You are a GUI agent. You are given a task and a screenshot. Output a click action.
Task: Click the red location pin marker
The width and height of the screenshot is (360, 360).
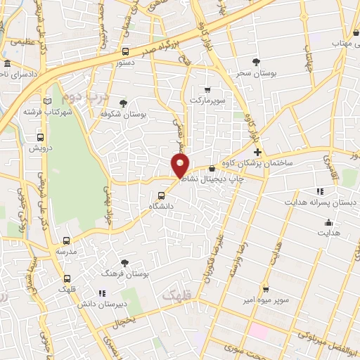point(181,164)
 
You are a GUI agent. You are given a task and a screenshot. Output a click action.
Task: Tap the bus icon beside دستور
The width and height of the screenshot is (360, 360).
point(125,51)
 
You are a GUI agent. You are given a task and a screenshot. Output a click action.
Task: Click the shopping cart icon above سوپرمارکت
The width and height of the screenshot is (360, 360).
point(207,89)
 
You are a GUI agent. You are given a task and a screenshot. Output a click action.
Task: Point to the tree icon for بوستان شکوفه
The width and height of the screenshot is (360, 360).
point(124,103)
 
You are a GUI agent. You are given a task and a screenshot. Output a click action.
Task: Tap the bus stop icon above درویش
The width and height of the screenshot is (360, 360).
point(40,138)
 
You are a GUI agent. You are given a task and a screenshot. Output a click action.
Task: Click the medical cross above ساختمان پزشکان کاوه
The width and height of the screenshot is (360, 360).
point(258,152)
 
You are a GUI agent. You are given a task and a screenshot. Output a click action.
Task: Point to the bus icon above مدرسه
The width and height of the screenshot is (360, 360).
point(67,240)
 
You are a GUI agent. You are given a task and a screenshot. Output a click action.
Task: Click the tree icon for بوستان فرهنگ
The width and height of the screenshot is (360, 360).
point(125,262)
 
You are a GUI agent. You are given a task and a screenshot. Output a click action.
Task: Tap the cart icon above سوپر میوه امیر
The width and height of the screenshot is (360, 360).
point(266,288)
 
